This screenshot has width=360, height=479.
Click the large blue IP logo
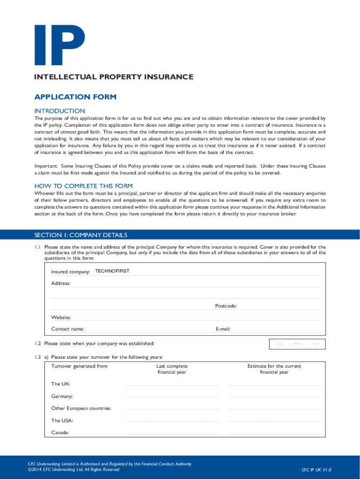(59, 45)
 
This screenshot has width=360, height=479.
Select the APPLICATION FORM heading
(75, 97)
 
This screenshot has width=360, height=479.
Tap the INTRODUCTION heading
(60, 111)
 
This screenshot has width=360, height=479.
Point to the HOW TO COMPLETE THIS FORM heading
(84, 186)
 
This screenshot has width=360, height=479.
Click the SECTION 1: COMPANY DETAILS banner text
(81, 235)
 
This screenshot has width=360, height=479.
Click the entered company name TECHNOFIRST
(112, 271)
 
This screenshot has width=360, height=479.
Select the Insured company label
(71, 272)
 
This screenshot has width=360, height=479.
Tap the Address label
(61, 283)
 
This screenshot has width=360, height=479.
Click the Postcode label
(226, 306)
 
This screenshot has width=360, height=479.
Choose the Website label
(61, 318)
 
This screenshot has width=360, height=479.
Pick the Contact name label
(68, 329)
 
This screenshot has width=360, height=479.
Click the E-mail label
(223, 329)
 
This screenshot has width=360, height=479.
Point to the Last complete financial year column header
(172, 369)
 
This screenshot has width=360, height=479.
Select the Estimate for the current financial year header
(274, 369)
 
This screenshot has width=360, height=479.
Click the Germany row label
(62, 396)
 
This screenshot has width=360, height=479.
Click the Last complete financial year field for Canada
(173, 433)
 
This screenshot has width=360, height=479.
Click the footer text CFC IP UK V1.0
(317, 470)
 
